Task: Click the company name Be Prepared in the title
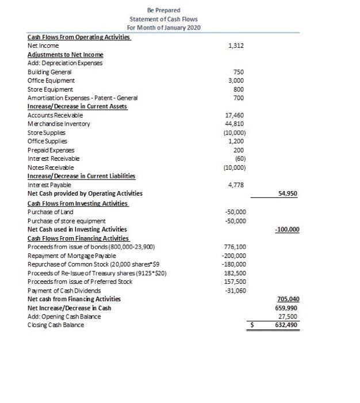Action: tap(163, 10)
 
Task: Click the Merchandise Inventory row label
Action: tap(59, 124)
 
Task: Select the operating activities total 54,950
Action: tap(288, 194)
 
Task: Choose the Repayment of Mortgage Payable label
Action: tap(72, 256)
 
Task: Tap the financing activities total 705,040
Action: tap(287, 299)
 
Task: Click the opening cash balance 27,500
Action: tap(289, 316)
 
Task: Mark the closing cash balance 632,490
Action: tap(287, 325)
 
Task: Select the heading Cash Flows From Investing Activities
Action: tap(78, 203)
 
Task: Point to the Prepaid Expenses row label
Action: tap(51, 150)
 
